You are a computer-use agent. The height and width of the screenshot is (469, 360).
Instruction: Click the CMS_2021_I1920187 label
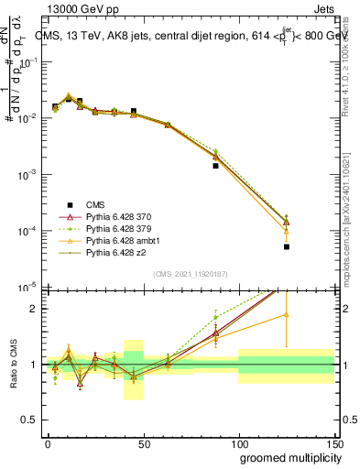pos(191,273)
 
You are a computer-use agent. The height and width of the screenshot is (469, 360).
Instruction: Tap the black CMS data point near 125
pos(286,246)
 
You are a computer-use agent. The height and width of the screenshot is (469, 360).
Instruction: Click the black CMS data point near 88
pos(215,166)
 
